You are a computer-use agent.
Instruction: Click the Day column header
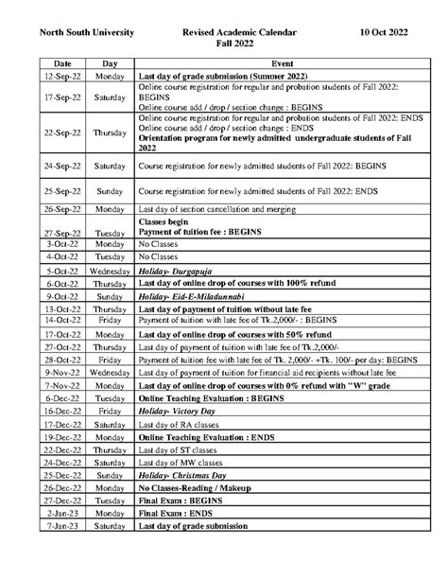[110, 62]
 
